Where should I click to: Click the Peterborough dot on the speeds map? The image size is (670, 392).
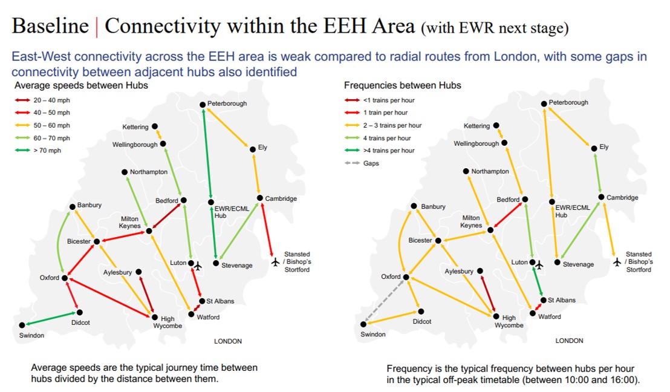click(203, 105)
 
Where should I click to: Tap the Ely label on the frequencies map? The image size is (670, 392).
click(603, 146)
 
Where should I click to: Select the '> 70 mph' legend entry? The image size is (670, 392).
click(38, 151)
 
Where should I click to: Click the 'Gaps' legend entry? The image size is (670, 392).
click(362, 163)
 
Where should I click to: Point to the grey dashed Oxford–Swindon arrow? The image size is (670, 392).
click(384, 301)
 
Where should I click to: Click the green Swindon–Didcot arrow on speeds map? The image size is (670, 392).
click(50, 319)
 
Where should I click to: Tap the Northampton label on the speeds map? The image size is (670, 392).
click(149, 172)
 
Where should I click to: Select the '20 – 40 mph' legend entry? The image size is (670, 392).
click(42, 100)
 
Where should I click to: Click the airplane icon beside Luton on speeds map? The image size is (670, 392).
click(198, 266)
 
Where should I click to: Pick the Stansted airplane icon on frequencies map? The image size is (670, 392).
click(617, 261)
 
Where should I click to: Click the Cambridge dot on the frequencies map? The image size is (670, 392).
click(601, 197)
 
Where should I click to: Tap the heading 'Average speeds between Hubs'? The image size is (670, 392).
click(81, 85)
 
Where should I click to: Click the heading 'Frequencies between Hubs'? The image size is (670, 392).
click(403, 85)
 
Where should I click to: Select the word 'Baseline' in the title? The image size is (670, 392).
click(50, 25)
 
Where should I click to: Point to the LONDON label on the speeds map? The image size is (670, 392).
click(228, 341)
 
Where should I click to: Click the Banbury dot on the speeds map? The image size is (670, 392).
click(73, 207)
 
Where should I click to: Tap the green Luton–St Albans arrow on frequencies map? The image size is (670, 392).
click(538, 281)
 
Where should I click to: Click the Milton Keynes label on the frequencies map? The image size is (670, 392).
click(471, 221)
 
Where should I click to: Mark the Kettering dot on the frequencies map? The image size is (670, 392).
click(496, 125)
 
